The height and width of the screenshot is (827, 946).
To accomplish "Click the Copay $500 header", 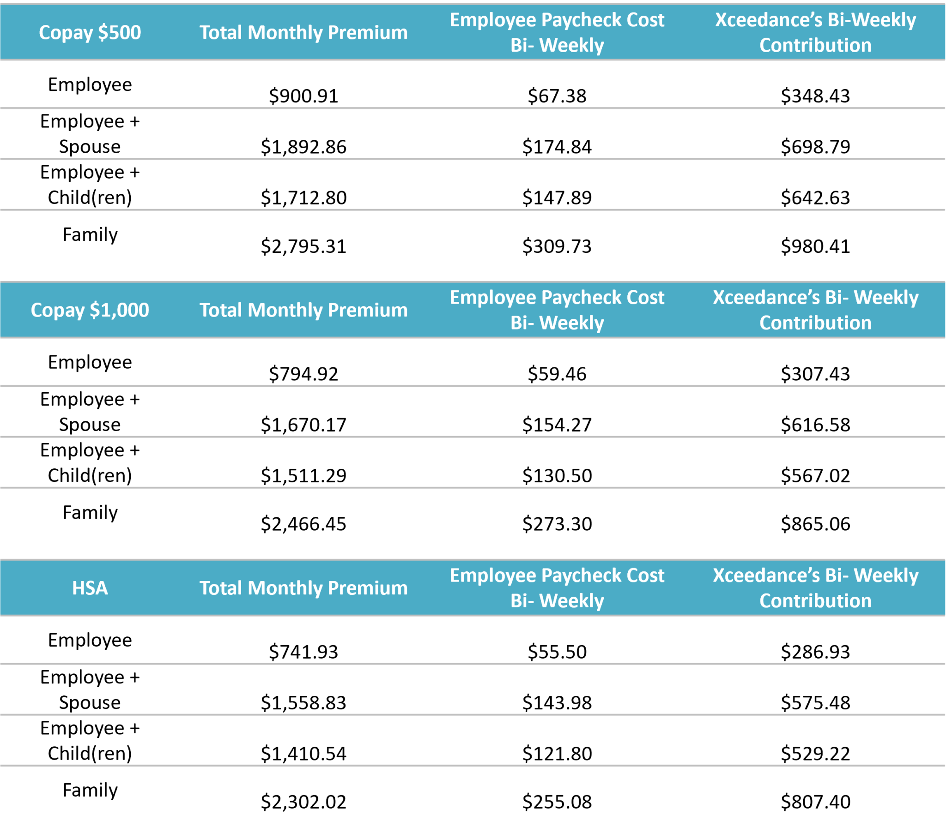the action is (x=90, y=32).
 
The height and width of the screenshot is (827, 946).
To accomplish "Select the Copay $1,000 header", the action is (x=90, y=310).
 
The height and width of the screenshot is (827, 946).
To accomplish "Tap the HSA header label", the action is (x=90, y=588).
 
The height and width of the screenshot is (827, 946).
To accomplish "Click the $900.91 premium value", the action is (x=303, y=96).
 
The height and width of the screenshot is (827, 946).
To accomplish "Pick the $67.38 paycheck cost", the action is (x=557, y=96).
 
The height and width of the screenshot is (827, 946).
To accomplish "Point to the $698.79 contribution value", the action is (x=815, y=147).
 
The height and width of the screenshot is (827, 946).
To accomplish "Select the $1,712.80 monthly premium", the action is (x=303, y=198).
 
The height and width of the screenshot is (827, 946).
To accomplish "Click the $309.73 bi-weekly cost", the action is (x=557, y=246).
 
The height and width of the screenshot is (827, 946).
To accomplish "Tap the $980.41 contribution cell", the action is (x=815, y=246).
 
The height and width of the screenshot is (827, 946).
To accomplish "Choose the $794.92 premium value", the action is (x=303, y=374).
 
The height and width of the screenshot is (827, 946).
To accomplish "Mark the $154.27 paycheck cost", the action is (x=557, y=425).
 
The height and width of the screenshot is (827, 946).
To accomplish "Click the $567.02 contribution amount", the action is (x=815, y=475).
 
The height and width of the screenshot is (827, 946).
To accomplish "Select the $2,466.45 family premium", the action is (x=303, y=524).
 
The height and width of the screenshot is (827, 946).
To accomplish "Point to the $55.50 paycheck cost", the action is (x=557, y=652).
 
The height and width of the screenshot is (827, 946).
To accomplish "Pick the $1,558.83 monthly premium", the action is (x=303, y=702).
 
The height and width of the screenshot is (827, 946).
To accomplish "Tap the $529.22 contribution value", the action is (x=815, y=753).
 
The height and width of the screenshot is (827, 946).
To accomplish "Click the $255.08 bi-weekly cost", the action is (x=557, y=802).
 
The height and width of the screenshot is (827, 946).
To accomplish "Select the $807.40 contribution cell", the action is (x=815, y=802).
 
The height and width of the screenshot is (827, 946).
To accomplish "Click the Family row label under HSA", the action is (x=90, y=791).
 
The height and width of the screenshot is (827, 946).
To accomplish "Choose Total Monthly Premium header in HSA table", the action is (x=303, y=588).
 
